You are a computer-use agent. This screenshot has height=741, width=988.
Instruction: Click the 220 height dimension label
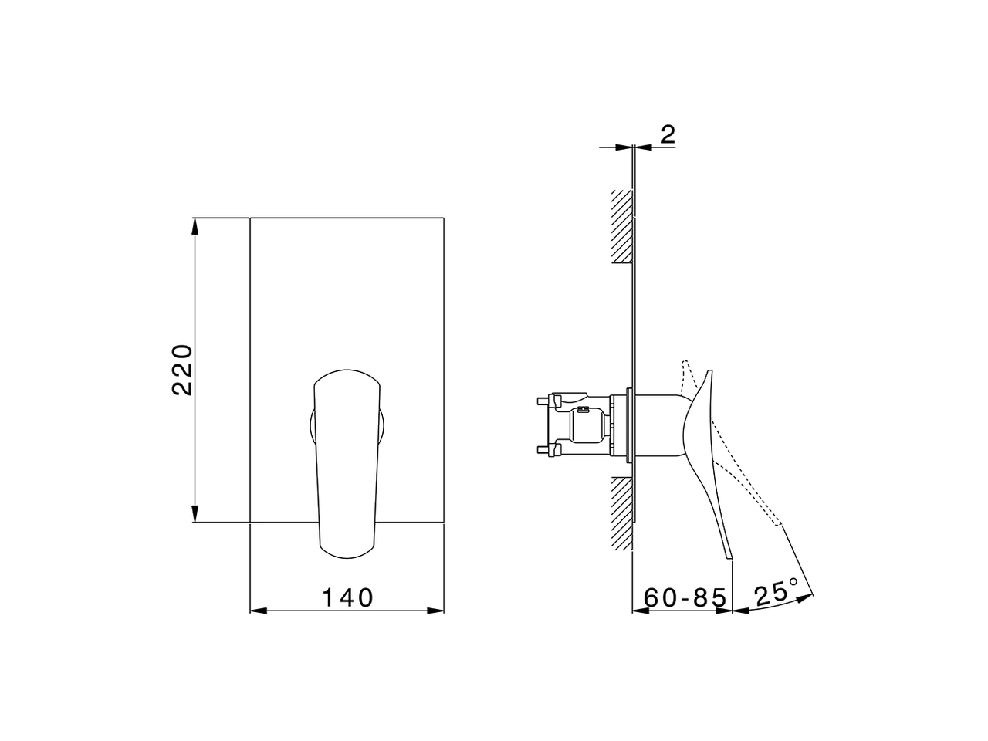click(183, 370)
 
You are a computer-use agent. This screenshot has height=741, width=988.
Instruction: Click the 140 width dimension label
click(347, 597)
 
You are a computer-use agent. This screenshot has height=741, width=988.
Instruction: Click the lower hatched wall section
click(621, 513)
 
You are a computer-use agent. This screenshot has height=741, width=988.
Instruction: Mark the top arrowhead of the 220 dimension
click(195, 225)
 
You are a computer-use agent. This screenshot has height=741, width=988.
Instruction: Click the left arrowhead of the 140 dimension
click(258, 611)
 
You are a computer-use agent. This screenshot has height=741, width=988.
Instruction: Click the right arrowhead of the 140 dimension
click(438, 611)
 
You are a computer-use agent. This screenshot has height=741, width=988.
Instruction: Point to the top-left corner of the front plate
click(251, 218)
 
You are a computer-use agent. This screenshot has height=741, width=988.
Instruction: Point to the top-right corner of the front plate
click(445, 218)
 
